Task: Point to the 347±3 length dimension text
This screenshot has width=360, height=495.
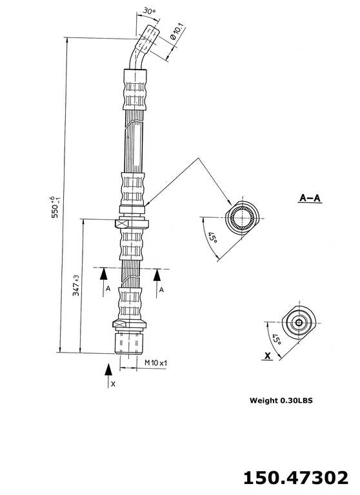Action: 76,286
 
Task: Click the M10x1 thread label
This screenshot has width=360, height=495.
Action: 155,364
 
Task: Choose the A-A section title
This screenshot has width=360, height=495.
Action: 310,198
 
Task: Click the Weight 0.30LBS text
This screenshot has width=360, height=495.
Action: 281,400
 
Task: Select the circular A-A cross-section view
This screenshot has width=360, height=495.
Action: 243,217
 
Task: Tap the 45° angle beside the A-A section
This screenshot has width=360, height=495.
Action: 211,241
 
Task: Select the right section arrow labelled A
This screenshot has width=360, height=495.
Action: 158,282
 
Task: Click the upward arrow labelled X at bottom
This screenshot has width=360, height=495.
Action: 109,376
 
